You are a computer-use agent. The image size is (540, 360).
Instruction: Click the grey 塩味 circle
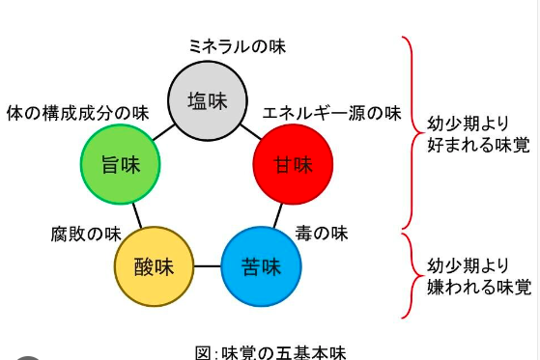[208, 100]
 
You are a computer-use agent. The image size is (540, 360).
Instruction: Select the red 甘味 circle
[293, 164]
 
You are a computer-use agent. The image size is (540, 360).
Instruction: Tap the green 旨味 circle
[121, 164]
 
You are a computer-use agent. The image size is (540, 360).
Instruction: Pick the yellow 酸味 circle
[154, 266]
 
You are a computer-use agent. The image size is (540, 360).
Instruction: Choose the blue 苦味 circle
[262, 266]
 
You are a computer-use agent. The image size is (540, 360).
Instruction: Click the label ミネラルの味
[238, 46]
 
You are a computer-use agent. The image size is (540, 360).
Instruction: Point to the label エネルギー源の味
[332, 113]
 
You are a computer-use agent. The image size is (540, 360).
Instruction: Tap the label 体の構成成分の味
[78, 113]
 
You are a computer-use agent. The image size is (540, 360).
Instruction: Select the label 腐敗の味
[86, 234]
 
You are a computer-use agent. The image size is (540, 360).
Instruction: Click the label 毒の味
[322, 234]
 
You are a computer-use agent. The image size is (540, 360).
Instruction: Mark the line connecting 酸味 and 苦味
[208, 266]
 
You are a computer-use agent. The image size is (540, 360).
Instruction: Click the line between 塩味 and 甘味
[251, 132]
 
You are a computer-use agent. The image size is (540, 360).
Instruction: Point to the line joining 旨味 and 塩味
[163, 132]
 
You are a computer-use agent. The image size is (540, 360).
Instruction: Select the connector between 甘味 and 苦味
[278, 215]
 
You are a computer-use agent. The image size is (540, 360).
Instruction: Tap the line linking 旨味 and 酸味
[137, 215]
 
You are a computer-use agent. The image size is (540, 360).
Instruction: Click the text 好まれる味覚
[479, 145]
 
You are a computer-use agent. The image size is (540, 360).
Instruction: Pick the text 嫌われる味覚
[479, 287]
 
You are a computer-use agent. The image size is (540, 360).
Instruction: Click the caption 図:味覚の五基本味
[270, 352]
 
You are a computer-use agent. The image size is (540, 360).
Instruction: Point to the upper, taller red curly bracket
[412, 132]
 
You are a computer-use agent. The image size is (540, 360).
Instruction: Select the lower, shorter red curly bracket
[412, 275]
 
